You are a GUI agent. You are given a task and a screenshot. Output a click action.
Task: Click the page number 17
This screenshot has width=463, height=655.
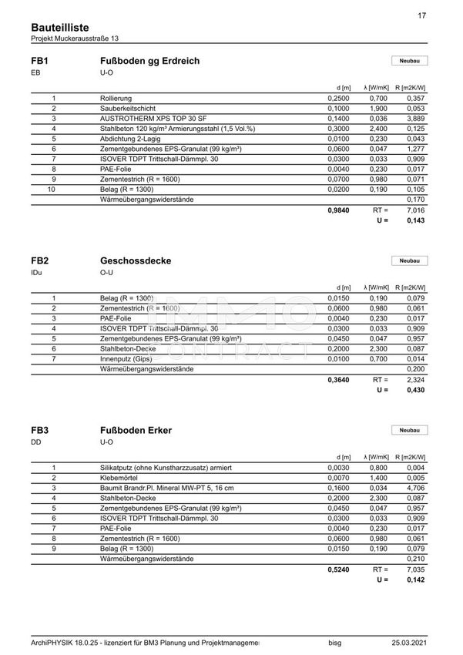click(421, 15)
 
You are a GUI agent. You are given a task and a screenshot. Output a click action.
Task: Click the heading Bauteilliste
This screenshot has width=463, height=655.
click(59, 27)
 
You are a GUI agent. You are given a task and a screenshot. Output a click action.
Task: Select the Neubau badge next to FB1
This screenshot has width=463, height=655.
click(409, 61)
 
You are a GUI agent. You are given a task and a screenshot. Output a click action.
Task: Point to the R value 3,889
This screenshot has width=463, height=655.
click(415, 119)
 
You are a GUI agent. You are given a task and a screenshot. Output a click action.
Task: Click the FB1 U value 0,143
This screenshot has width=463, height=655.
click(415, 220)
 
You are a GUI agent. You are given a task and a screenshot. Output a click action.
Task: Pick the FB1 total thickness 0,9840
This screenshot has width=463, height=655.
click(339, 210)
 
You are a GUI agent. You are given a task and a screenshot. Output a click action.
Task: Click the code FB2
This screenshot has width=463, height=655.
click(40, 260)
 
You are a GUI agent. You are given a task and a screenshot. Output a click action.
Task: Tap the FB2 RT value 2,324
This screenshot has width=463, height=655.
click(415, 380)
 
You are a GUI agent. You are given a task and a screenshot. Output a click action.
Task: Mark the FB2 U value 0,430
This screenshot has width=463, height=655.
click(415, 391)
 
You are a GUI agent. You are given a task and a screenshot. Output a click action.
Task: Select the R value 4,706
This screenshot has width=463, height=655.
click(415, 488)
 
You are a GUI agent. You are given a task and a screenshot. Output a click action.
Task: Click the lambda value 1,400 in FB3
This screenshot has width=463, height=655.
click(378, 478)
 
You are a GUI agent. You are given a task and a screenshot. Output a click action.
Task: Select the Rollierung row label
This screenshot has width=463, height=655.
click(116, 99)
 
